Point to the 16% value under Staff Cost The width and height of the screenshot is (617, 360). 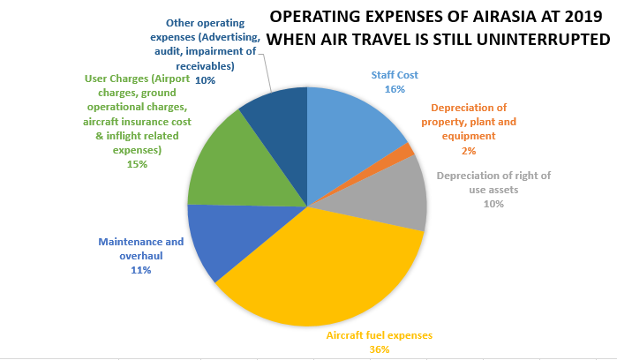395,89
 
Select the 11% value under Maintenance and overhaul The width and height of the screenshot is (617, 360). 139,270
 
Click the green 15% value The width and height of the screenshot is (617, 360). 137,164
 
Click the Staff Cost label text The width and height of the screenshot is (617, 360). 395,76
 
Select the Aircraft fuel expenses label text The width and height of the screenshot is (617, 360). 380,335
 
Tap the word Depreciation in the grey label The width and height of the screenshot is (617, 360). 469,175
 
